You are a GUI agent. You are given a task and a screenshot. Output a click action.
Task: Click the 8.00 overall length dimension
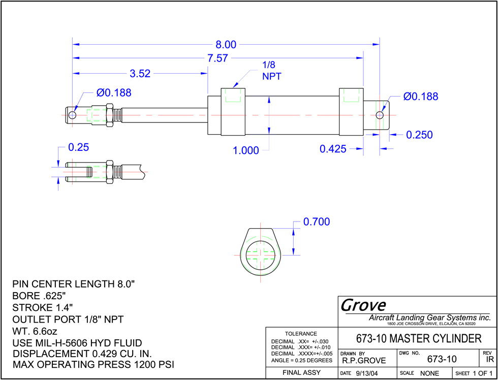pyautogui.click(x=226, y=45)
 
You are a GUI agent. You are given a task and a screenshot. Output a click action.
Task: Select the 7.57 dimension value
pyautogui.click(x=217, y=58)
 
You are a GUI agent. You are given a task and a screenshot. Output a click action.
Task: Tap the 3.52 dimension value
pyautogui.click(x=140, y=74)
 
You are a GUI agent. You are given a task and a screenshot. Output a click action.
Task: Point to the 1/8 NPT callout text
pyautogui.click(x=271, y=71)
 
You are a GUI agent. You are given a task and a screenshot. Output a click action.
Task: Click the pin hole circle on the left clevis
pyautogui.click(x=72, y=115)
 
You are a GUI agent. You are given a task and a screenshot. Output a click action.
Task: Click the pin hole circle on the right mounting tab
pyautogui.click(x=380, y=115)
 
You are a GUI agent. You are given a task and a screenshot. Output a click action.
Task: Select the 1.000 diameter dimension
pyautogui.click(x=246, y=150)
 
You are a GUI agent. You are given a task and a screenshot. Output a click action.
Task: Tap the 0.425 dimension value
pyautogui.click(x=333, y=149)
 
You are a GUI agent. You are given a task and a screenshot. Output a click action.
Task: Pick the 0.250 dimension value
pyautogui.click(x=420, y=135)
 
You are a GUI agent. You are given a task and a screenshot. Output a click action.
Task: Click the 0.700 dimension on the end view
pyautogui.click(x=317, y=222)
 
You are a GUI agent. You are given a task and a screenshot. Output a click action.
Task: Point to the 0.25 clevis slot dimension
pyautogui.click(x=78, y=147)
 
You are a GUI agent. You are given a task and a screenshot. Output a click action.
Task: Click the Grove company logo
pyautogui.click(x=363, y=305)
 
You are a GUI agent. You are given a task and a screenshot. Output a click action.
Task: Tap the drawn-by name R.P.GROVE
pyautogui.click(x=364, y=361)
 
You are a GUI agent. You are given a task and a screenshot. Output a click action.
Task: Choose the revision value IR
pyautogui.click(x=490, y=360)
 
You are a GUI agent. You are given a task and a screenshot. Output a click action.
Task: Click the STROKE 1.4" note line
pyautogui.click(x=43, y=307)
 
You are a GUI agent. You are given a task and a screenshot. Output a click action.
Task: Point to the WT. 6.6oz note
pyautogui.click(x=35, y=331)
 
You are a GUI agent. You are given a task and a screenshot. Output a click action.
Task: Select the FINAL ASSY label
pyautogui.click(x=301, y=373)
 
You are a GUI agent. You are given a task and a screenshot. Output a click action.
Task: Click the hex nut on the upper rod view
pyautogui.click(x=110, y=115)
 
